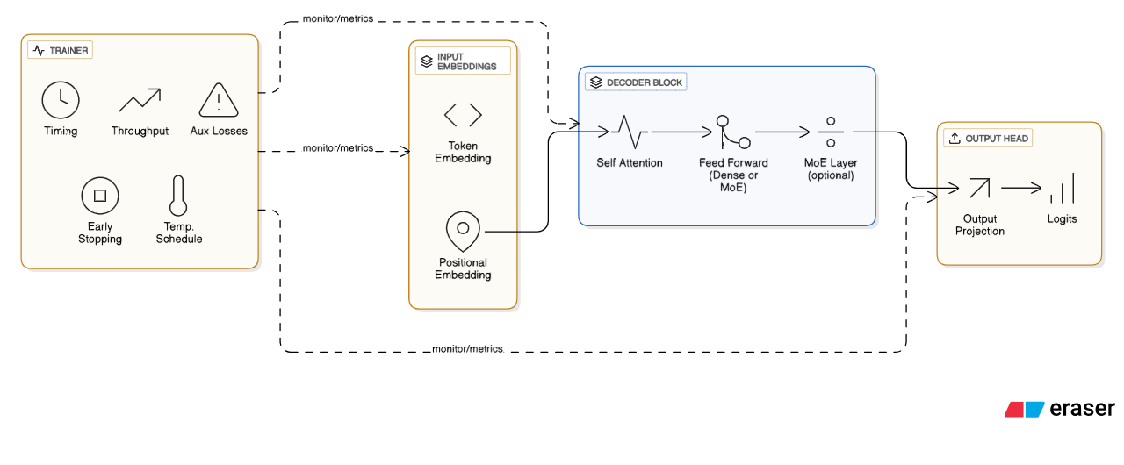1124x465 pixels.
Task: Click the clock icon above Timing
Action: coord(61,100)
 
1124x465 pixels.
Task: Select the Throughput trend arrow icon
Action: coord(140,100)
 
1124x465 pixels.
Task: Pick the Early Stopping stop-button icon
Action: coord(100,195)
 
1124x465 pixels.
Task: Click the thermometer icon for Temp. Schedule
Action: coord(179,196)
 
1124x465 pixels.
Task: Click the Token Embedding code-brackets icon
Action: coord(463,115)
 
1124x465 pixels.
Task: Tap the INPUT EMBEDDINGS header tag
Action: coord(462,61)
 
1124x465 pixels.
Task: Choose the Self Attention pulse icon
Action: coord(630,132)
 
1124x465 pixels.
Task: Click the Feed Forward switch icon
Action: coord(733,132)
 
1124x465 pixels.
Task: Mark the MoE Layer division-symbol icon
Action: coord(830,132)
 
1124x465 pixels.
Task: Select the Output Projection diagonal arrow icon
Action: coord(979,188)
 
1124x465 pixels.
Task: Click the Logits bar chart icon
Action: coord(1062,188)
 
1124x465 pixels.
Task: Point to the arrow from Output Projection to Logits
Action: coord(1020,188)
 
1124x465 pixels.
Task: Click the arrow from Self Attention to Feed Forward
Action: coord(681,132)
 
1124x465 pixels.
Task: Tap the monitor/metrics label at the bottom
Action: coord(467,348)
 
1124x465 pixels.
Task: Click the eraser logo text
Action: coord(1082,408)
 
